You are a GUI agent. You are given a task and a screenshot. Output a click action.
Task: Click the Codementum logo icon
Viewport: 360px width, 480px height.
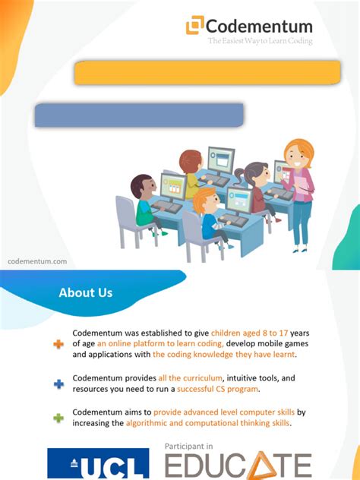[195, 25]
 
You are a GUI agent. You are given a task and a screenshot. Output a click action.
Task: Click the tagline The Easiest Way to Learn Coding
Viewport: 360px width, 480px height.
[260, 41]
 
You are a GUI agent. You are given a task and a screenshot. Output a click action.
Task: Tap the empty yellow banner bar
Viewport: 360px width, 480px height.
[207, 73]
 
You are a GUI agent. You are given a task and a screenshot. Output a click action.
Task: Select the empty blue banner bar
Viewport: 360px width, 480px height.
[139, 115]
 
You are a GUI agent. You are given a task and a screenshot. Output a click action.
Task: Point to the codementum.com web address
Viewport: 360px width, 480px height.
[37, 261]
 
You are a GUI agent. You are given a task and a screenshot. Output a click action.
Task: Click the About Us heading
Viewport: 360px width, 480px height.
[86, 292]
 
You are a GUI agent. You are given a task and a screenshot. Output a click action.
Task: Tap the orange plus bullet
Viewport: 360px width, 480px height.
[58, 344]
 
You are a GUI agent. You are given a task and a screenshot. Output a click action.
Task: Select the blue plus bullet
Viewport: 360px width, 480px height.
[58, 384]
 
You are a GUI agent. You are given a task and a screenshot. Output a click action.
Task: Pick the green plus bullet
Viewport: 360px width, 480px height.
[58, 418]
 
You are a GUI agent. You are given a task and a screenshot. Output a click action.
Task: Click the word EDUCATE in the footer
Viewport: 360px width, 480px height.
[238, 464]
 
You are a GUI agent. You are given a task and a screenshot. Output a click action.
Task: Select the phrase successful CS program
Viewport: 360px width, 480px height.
[217, 389]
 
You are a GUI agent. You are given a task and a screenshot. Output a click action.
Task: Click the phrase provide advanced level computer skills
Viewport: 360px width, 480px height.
[223, 412]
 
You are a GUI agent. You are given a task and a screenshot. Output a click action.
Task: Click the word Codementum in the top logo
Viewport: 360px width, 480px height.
[259, 26]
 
